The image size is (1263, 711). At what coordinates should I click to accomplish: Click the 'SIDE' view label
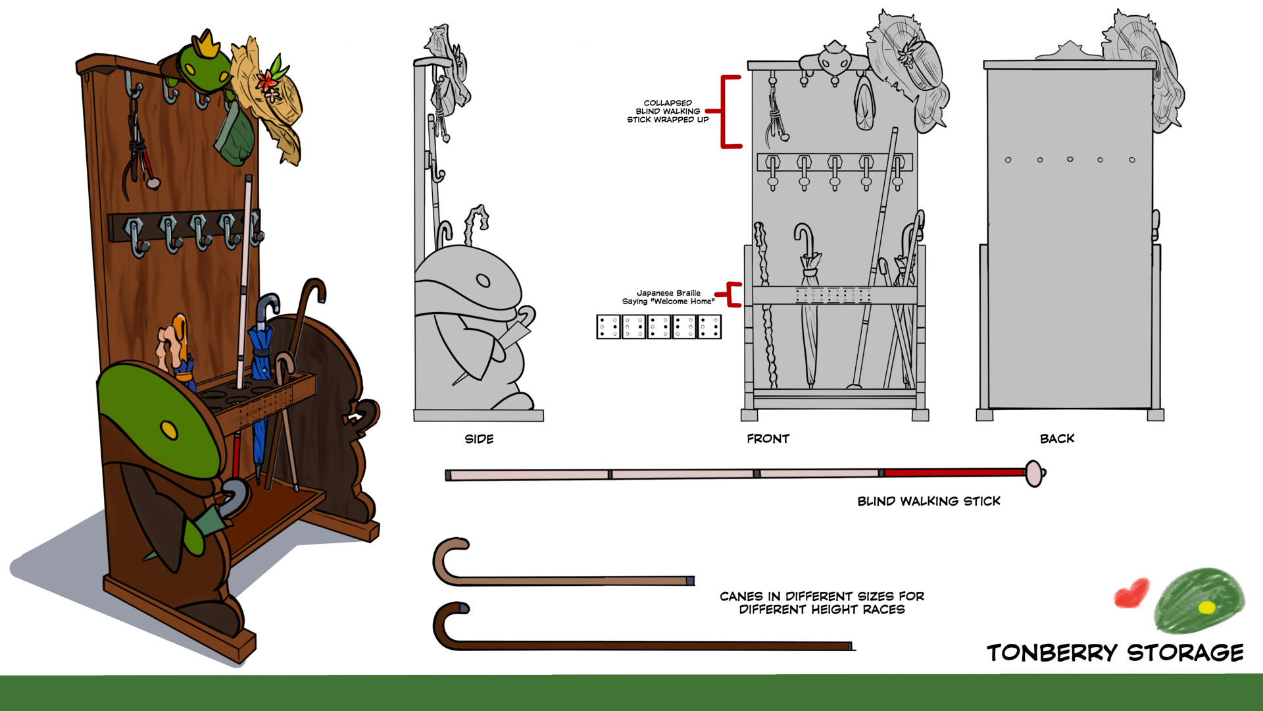(479, 439)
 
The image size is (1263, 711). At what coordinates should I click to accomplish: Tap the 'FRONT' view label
(768, 439)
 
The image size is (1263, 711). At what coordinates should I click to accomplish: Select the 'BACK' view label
(1056, 439)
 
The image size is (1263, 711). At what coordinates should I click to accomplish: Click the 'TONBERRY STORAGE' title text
(1115, 652)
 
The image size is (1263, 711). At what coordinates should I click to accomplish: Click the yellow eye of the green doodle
(1206, 607)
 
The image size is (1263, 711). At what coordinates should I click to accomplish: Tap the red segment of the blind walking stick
(954, 473)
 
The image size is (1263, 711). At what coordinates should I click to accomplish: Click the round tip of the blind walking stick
(1035, 473)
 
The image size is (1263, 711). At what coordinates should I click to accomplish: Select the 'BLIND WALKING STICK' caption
(928, 502)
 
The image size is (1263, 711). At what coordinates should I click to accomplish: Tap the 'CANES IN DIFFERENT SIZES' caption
(822, 602)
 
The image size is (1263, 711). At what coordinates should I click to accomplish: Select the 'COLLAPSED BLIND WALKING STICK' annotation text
(668, 111)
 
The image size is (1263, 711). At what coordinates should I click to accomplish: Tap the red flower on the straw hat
(268, 82)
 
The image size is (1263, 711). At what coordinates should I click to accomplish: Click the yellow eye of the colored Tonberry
(169, 431)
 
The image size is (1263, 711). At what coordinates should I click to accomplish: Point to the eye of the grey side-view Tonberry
(483, 281)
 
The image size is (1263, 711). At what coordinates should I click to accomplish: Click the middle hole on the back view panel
(1070, 159)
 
